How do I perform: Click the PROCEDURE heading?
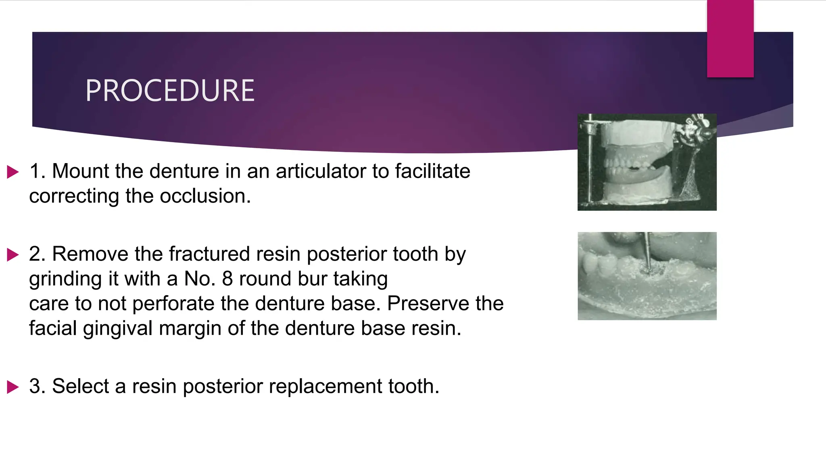pyautogui.click(x=169, y=91)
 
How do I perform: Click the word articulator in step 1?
pyautogui.click(x=321, y=171)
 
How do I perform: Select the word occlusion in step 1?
pyautogui.click(x=205, y=197)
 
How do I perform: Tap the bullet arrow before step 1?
pyautogui.click(x=13, y=172)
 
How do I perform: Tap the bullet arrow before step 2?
pyautogui.click(x=13, y=255)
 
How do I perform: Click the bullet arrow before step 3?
pyautogui.click(x=13, y=387)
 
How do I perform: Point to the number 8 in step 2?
pyautogui.click(x=227, y=279)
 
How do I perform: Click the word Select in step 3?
pyautogui.click(x=80, y=386)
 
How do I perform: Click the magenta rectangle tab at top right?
pyautogui.click(x=730, y=38)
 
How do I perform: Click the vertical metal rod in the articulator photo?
pyautogui.click(x=590, y=161)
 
